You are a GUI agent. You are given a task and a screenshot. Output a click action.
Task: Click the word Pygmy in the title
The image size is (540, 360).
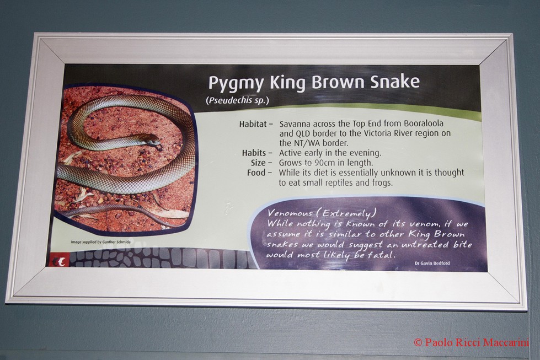coord(236,83)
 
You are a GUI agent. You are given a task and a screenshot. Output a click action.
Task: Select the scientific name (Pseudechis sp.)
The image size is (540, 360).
coord(237,100)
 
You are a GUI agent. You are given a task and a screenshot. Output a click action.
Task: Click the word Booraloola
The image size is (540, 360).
coord(424,123)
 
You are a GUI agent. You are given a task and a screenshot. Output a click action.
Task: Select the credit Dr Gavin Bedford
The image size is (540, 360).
coord(432,264)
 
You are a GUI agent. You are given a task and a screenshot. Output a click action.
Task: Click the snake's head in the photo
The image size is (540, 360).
coord(153,142)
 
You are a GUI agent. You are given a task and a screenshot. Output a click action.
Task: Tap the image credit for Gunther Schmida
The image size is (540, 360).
coord(100,242)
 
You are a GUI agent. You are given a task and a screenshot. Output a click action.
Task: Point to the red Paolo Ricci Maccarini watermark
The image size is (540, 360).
coord(471,342)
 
